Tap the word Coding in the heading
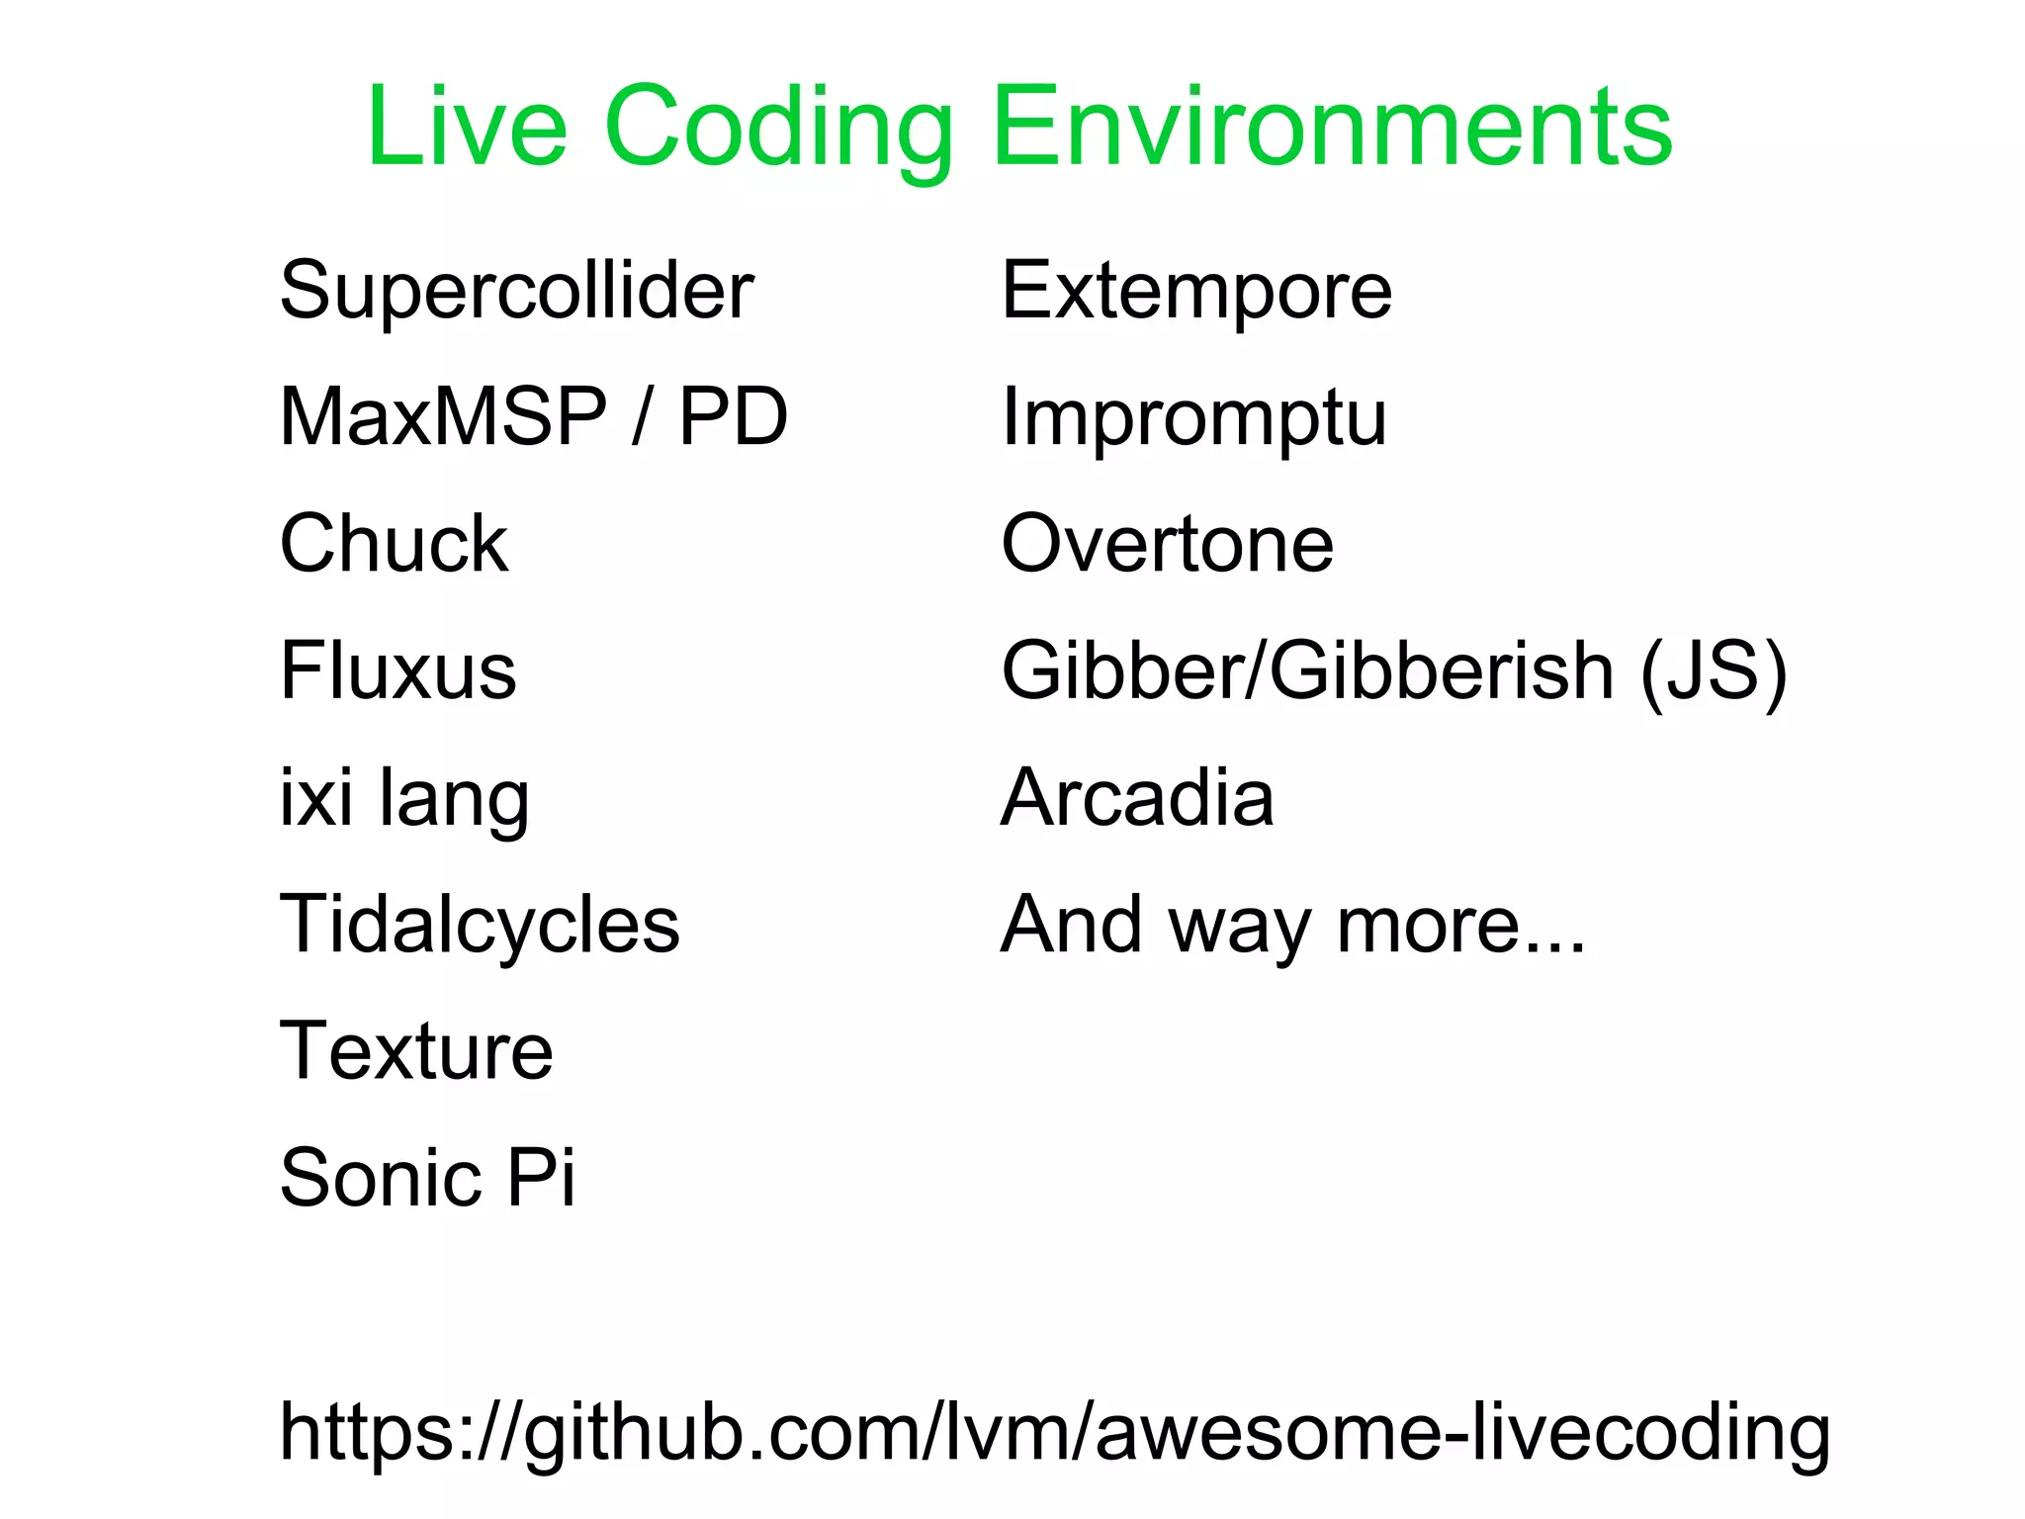[778, 129]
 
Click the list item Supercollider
[516, 291]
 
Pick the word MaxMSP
[443, 416]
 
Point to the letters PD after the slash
[733, 416]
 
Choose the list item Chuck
[394, 543]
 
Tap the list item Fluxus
[397, 670]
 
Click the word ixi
[315, 797]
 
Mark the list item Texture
[416, 1050]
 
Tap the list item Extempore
[1196, 291]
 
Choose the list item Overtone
[1167, 543]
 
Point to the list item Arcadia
[1137, 797]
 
